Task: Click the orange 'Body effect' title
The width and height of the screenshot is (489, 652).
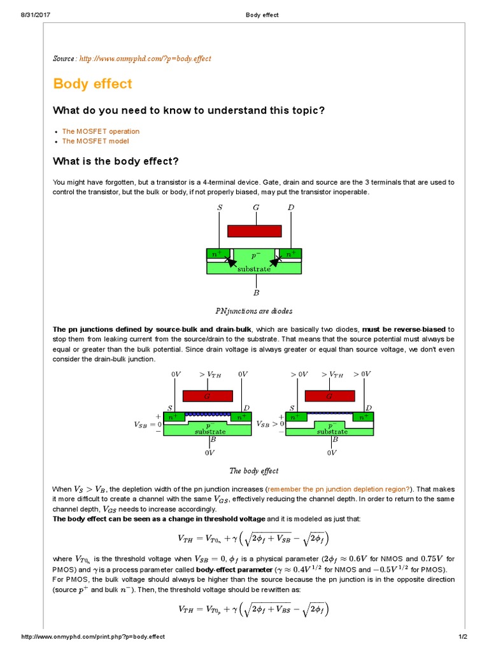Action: coord(92,83)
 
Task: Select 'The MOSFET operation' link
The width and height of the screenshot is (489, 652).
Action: coord(101,131)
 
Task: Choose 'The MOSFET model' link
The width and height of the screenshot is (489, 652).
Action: coord(96,141)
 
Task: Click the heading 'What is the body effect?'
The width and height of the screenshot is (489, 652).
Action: coord(115,160)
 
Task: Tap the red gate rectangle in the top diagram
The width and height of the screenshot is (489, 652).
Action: coord(255,231)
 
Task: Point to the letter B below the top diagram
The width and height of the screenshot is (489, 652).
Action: coord(256,293)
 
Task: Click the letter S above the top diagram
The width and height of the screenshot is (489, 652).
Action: coord(220,208)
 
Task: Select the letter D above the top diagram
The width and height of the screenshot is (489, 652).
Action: coord(291,208)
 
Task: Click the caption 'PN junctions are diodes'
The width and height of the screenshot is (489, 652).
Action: coord(254,311)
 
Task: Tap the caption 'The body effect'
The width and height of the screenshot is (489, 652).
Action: coord(254,471)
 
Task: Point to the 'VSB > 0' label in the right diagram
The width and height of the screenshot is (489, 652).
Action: coord(270,423)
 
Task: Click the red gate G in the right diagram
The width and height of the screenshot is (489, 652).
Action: coord(329,395)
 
